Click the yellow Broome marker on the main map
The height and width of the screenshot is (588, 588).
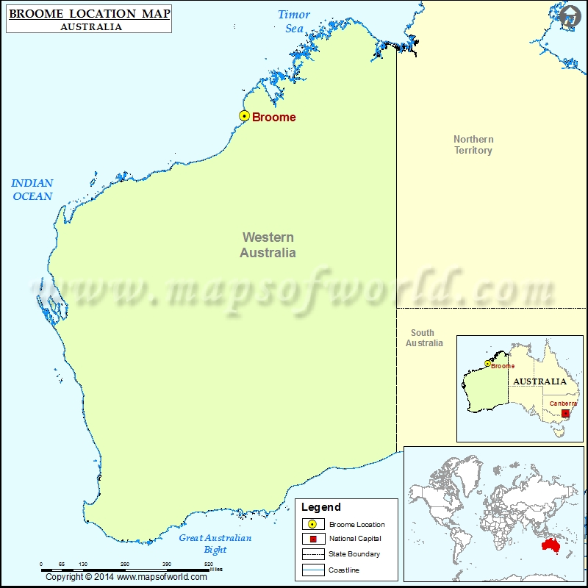coord(244,115)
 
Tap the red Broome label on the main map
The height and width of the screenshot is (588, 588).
coord(273,117)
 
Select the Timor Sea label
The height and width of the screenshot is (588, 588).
coord(294,21)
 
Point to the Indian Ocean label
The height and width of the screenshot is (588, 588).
coord(32,190)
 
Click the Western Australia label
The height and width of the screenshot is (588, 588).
coord(268,245)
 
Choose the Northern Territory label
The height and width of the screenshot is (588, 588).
coord(473,145)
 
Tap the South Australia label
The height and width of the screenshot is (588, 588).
coord(424,338)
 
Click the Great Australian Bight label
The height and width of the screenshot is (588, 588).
coord(215,543)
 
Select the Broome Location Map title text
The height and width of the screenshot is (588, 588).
coord(88,14)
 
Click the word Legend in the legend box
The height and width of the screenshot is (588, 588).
coord(321,507)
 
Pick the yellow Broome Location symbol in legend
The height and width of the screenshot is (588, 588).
coord(312,524)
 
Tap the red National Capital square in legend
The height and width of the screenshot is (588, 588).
coord(312,539)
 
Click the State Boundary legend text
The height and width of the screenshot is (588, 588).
coord(354,554)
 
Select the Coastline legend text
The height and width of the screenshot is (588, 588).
coord(345,570)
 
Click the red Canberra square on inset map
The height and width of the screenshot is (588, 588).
coord(565,413)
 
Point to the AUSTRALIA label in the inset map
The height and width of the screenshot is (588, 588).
coord(539,381)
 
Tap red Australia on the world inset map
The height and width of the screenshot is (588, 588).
coord(556,545)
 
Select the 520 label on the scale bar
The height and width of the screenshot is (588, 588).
coord(209,564)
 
